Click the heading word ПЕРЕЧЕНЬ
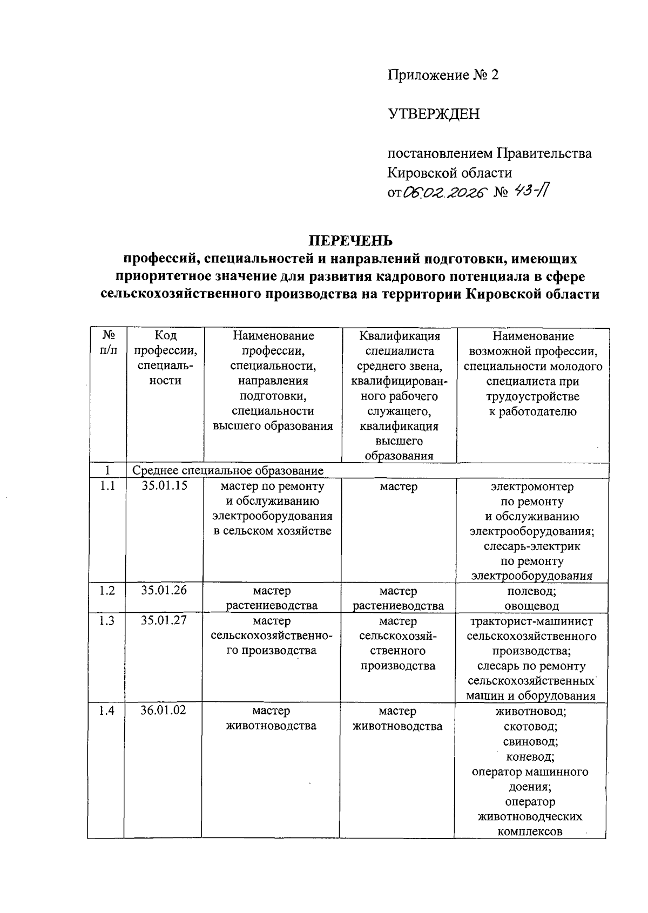coord(350,240)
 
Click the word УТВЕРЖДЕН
coord(434,114)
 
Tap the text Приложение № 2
coord(443,75)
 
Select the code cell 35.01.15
coord(164,485)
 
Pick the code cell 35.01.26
coord(164,590)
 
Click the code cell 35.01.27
coord(164,620)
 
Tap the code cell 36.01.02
coord(163,710)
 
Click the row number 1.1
coord(107,486)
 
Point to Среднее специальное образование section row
coord(228,470)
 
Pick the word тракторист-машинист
coord(531,621)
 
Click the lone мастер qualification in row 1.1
coord(399,486)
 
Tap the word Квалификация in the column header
coord(400,336)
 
